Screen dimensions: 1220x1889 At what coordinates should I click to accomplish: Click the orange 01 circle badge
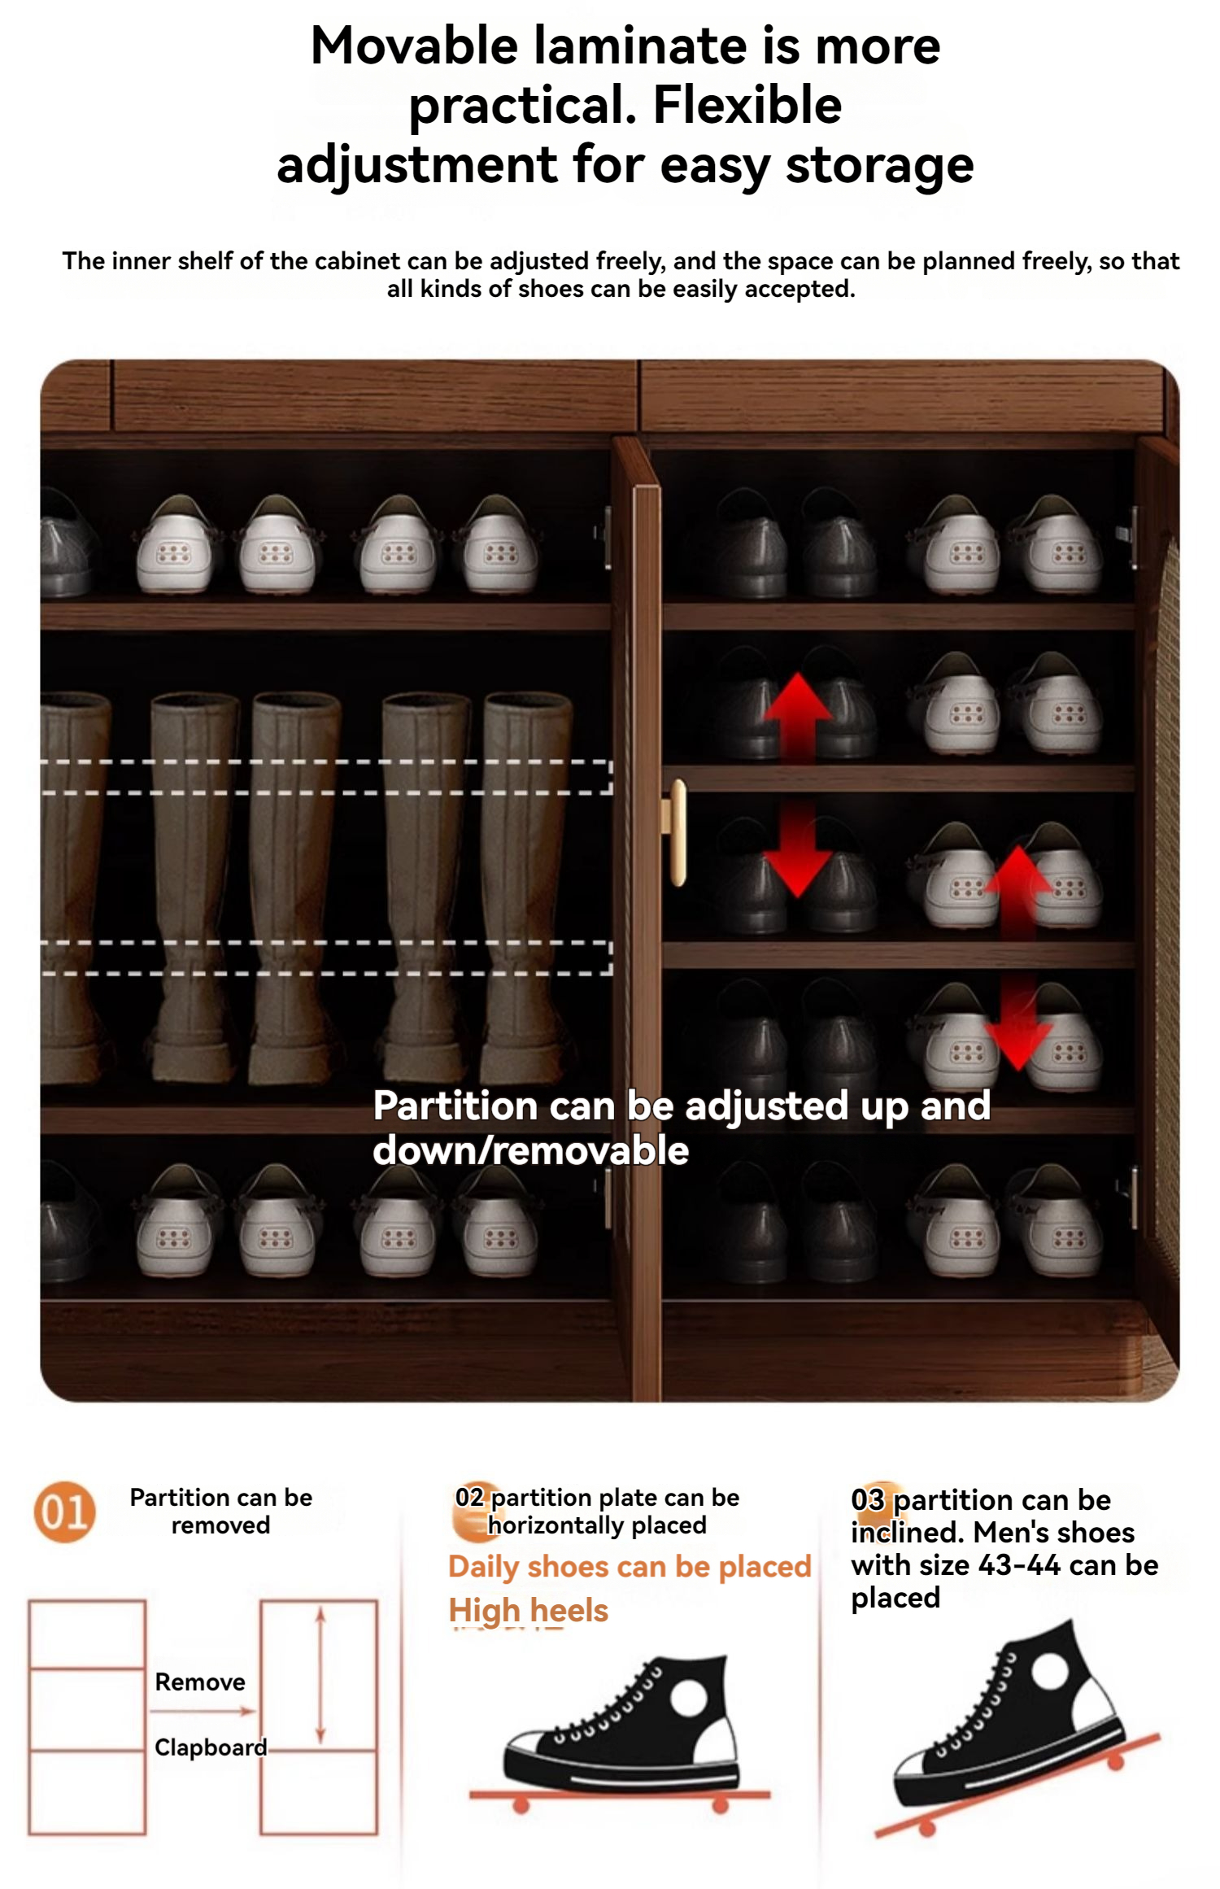64,1512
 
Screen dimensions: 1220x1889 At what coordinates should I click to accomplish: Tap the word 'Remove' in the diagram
200,1682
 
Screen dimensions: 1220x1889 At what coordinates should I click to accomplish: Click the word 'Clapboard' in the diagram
211,1747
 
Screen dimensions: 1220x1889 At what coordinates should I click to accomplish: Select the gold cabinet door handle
676,832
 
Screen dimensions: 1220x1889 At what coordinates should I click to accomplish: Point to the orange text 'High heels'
529,1610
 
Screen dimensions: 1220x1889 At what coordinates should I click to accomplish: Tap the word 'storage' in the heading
879,166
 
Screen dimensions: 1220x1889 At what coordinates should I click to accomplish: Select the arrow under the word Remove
203,1711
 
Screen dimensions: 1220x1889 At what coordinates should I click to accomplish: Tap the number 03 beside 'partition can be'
867,1499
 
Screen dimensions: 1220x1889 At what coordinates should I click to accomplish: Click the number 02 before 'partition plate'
469,1497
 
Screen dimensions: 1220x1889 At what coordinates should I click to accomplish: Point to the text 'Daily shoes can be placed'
630,1566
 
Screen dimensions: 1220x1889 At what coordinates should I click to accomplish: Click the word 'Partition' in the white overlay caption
455,1106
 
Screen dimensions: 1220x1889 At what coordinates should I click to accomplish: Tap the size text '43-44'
1019,1565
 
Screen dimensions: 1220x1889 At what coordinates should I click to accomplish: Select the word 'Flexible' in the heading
747,105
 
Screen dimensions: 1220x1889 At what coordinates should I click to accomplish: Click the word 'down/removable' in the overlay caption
530,1150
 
